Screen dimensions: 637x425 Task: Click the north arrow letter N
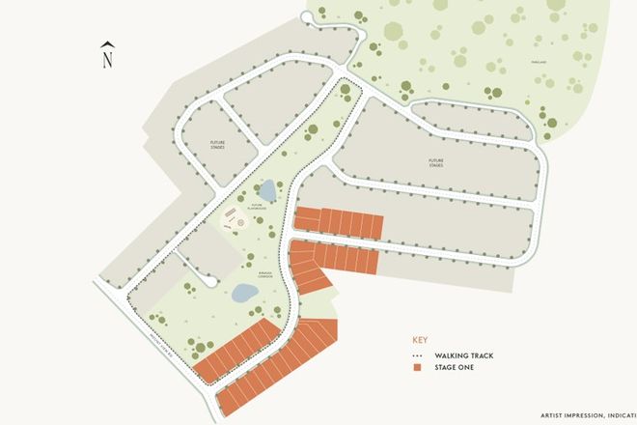(108, 59)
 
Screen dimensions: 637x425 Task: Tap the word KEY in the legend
(419, 341)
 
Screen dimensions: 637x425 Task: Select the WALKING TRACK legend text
(464, 355)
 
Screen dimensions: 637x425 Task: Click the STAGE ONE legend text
(457, 368)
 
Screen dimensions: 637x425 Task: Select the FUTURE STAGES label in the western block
(218, 145)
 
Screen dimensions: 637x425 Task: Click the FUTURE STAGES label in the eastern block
(436, 163)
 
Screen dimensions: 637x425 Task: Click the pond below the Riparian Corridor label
(244, 293)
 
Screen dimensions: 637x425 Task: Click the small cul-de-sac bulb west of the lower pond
(211, 280)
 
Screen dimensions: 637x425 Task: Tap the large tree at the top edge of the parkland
(394, 31)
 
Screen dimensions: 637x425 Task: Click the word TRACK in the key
(480, 355)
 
